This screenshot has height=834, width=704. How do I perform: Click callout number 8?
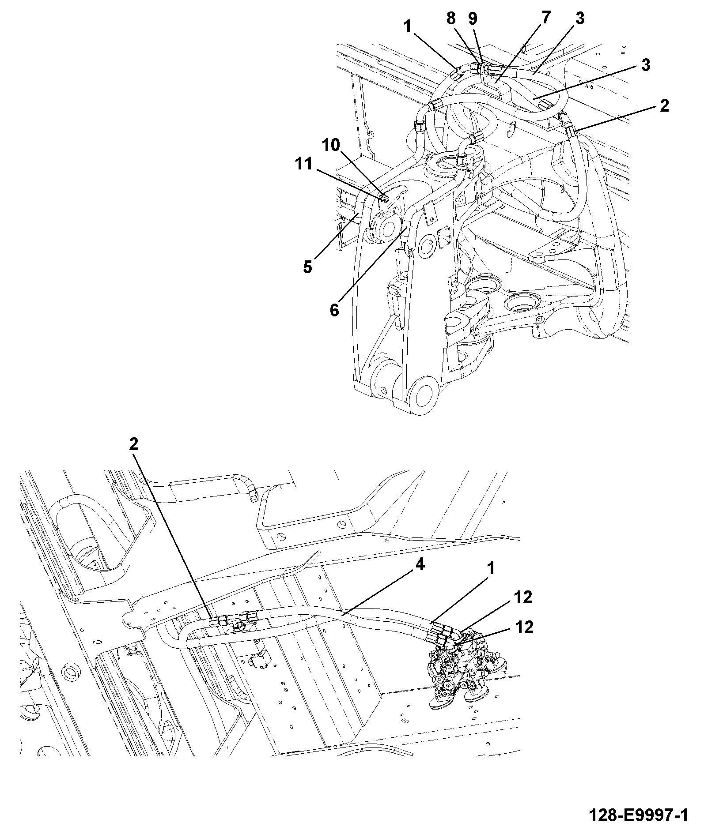click(450, 19)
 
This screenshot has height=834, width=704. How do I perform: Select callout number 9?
click(472, 19)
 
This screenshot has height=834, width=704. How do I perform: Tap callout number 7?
click(546, 18)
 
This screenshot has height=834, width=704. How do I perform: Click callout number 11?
click(304, 164)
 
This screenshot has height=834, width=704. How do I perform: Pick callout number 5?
click(307, 267)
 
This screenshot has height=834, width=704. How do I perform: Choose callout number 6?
click(334, 310)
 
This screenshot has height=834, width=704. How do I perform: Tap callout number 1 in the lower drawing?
click(490, 569)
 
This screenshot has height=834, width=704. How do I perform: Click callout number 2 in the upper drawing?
click(664, 106)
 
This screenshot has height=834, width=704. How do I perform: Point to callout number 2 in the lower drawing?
click(134, 444)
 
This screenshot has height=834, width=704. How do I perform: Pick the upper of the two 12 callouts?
click(523, 597)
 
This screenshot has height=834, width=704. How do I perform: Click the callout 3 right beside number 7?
click(580, 19)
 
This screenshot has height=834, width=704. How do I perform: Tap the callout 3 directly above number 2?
click(646, 65)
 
